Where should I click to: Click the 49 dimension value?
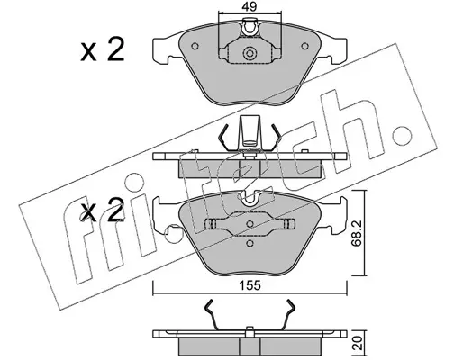250,6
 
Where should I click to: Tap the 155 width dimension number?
250,285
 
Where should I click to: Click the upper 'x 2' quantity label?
103,50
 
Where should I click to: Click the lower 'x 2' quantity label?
103,210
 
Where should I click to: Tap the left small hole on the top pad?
195,46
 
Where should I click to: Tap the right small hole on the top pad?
304,46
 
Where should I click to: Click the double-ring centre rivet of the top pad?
250,54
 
